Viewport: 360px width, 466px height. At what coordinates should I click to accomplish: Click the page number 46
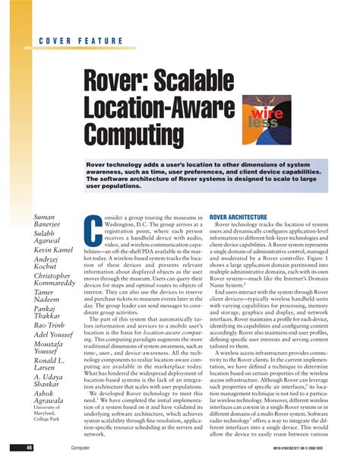coord(29,449)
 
